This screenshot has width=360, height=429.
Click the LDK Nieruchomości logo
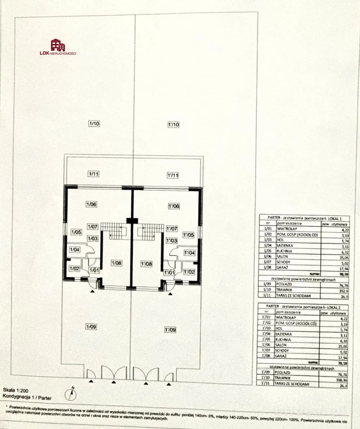click(x=58, y=47)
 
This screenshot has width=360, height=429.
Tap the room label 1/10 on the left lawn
click(x=94, y=124)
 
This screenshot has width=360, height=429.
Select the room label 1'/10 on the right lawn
click(x=173, y=124)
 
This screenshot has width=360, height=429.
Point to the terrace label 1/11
click(x=93, y=174)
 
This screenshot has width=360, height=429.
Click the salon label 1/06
click(x=91, y=204)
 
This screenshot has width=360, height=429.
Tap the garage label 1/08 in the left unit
click(x=117, y=263)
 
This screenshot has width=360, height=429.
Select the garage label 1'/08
click(x=146, y=264)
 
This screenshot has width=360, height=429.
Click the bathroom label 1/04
click(x=75, y=250)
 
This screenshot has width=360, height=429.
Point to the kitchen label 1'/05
click(x=188, y=235)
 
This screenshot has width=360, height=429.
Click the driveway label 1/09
click(x=91, y=326)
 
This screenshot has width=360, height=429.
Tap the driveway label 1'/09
click(x=170, y=330)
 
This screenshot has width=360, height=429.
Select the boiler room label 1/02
click(x=74, y=269)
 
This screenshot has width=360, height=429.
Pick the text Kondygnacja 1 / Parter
click(x=27, y=397)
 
